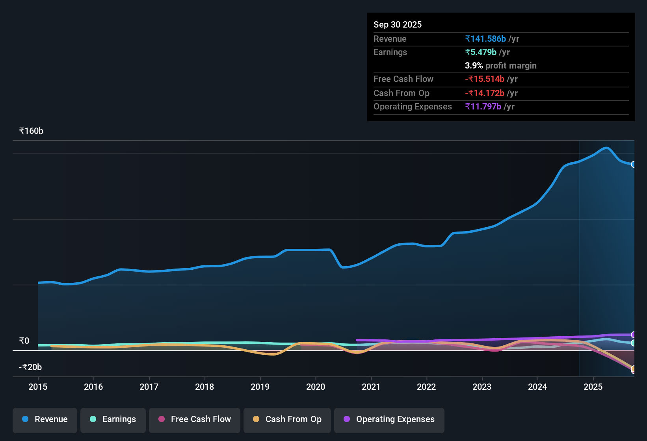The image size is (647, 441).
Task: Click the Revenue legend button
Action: click(45, 419)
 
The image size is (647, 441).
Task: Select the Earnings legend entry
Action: click(113, 419)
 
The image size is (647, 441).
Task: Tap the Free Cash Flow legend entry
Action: click(195, 419)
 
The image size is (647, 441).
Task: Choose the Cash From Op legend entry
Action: click(287, 419)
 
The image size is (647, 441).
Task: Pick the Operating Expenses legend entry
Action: click(389, 419)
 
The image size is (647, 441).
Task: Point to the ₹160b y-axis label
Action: click(31, 131)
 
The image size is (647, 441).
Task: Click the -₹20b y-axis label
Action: click(30, 367)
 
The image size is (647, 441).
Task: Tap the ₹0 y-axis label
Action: click(24, 341)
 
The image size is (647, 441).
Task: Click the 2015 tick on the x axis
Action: click(38, 387)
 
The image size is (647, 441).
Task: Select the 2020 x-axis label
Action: click(316, 387)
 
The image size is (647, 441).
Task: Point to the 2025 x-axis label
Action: click(593, 387)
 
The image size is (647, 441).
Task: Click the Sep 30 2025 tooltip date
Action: click(398, 25)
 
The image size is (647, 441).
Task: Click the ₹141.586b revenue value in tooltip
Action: click(485, 39)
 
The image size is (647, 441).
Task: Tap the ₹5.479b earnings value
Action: click(481, 52)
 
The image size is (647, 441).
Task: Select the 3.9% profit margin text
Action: click(501, 66)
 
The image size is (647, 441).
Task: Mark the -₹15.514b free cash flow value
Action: click(485, 79)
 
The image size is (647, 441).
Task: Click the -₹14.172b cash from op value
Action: click(485, 93)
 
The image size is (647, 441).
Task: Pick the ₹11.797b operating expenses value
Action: click(483, 107)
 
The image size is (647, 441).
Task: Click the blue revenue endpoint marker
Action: click(633, 165)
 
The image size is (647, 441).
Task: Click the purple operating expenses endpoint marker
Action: click(633, 335)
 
